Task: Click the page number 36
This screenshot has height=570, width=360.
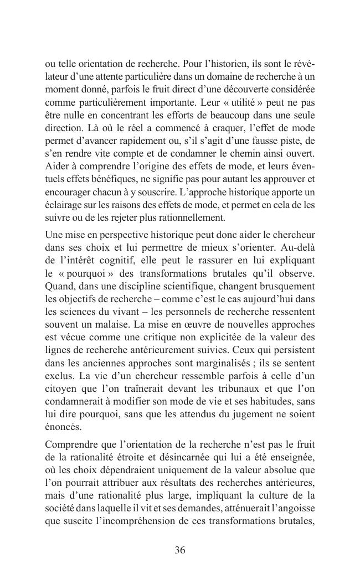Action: [179, 550]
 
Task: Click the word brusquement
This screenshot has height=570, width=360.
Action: [287, 286]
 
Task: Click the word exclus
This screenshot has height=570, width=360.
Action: [58, 375]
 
